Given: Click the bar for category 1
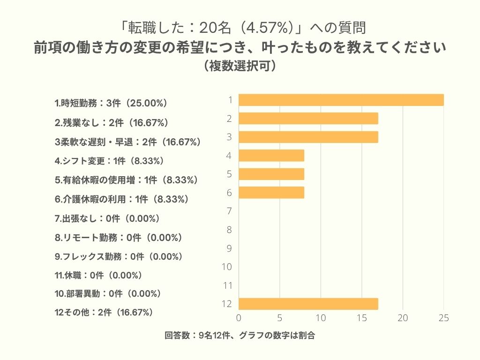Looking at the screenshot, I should (341, 100).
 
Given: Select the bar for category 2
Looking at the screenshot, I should (308, 119).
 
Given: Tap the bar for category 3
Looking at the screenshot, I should (308, 137).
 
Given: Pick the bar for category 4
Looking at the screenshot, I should (271, 155).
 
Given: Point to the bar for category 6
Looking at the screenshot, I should (271, 193).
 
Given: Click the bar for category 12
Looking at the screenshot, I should (308, 304).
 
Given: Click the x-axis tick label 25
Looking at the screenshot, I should (443, 318).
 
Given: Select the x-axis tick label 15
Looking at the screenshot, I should (361, 318).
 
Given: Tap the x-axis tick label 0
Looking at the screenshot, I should (239, 318).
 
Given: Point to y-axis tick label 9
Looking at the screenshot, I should (229, 248).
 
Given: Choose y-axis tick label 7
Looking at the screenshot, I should (229, 211).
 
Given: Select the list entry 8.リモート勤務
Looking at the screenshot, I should (118, 238).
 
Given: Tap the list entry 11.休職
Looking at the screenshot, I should (98, 275).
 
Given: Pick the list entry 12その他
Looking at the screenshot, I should (104, 312).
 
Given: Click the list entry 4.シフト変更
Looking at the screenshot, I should (109, 161).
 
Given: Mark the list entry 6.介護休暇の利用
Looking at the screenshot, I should (122, 199).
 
